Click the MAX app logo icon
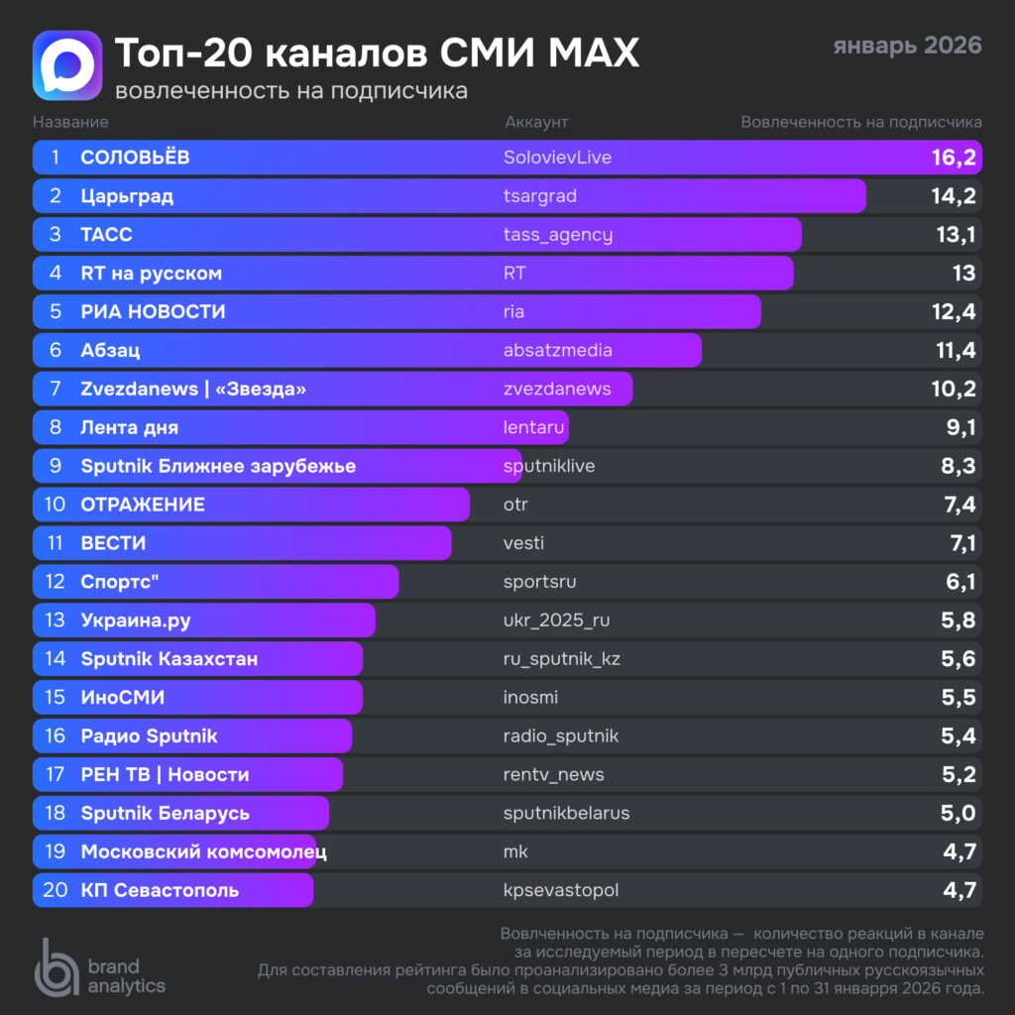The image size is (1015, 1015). pyautogui.click(x=67, y=65)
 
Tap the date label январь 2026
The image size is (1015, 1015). pyautogui.click(x=907, y=46)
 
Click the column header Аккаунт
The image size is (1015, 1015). pyautogui.click(x=536, y=122)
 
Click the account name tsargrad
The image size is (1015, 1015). pyautogui.click(x=540, y=196)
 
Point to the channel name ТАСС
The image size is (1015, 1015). pyautogui.click(x=106, y=235)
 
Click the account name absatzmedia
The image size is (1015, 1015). pyautogui.click(x=558, y=350)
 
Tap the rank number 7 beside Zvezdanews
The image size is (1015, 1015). pyautogui.click(x=56, y=389)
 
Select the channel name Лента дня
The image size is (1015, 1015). pyautogui.click(x=130, y=427)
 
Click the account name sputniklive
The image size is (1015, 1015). pyautogui.click(x=549, y=466)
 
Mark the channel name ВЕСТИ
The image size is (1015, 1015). pyautogui.click(x=113, y=543)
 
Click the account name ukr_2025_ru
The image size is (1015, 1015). pyautogui.click(x=556, y=620)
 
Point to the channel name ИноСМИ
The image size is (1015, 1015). pyautogui.click(x=123, y=697)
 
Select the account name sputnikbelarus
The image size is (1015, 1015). pyautogui.click(x=566, y=813)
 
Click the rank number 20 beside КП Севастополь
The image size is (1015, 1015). pyautogui.click(x=56, y=890)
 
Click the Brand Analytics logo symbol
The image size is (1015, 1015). pyautogui.click(x=56, y=965)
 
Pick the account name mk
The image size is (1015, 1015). pyautogui.click(x=516, y=851)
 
